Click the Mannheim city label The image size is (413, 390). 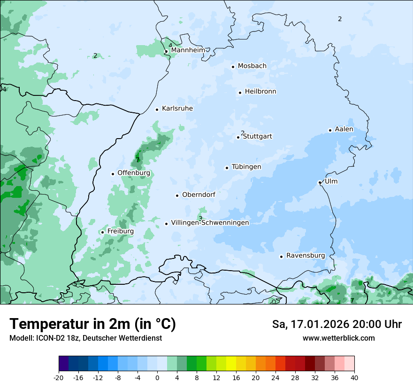tap(188, 50)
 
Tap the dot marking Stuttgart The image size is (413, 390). tap(238, 137)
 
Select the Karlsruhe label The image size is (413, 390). tap(177, 109)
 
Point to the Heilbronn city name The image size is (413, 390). tap(260, 92)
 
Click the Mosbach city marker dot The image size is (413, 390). tap(233, 67)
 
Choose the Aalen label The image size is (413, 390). tap(344, 129)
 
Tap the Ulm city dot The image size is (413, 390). tap(320, 182)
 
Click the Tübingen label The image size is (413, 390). tap(246, 167)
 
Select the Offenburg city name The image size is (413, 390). tap(134, 173)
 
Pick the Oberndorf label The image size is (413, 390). tap(199, 195)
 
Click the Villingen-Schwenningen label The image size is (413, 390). tap(210, 223)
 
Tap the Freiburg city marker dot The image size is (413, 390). tap(102, 232)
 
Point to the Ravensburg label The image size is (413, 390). tap(306, 256)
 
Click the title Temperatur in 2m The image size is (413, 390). tap(92, 324)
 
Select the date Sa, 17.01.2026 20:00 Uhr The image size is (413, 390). tap(337, 324)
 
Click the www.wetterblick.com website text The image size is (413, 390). tap(338, 338)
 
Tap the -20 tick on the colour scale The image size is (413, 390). tap(59, 378)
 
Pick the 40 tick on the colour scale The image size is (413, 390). tap(354, 378)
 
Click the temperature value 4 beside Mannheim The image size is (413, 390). tap(170, 46)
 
